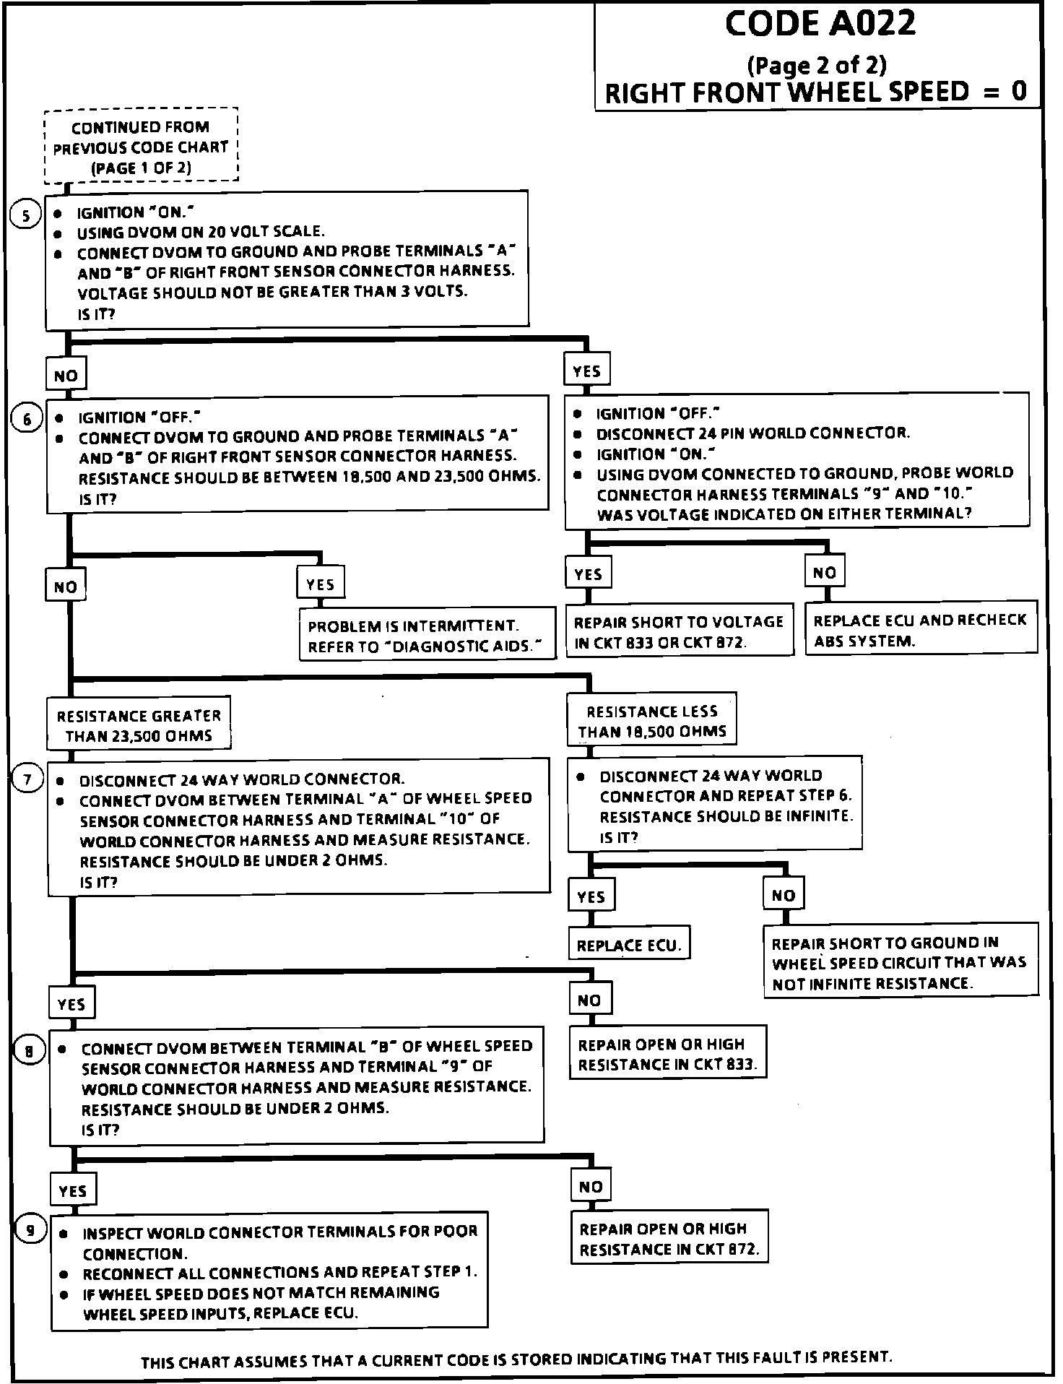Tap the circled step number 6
(27, 420)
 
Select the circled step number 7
(28, 780)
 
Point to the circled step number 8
(30, 1051)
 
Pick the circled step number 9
(30, 1230)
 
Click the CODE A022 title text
(820, 25)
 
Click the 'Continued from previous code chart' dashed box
(141, 147)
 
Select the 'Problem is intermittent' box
(428, 636)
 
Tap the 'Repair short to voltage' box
(678, 631)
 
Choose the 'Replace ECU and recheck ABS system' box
(920, 630)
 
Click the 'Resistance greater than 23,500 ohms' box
(139, 725)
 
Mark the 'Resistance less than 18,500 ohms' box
(651, 721)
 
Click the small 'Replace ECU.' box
(629, 945)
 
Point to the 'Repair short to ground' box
(900, 962)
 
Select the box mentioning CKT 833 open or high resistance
(667, 1054)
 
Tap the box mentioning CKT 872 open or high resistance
(669, 1239)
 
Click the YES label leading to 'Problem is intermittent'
(321, 584)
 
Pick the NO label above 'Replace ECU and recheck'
(824, 573)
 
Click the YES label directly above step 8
(71, 1003)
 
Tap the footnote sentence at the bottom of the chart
(516, 1360)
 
